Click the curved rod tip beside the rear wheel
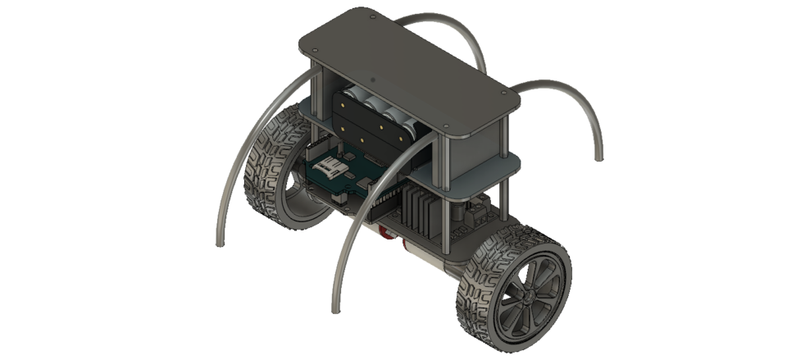(219, 244)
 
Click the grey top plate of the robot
(410, 57)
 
